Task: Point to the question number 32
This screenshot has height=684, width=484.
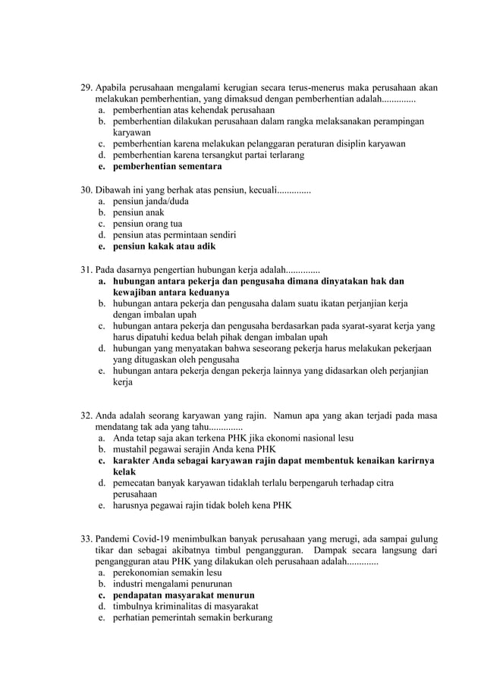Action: coord(86,415)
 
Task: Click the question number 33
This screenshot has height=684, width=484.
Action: coord(86,539)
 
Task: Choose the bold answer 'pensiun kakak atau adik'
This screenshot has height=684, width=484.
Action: coord(164,246)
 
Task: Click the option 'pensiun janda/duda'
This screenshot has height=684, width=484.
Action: coord(151,201)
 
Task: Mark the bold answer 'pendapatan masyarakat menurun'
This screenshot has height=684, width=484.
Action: coord(184,595)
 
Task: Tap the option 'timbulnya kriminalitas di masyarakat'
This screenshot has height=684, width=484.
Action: coord(186,606)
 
